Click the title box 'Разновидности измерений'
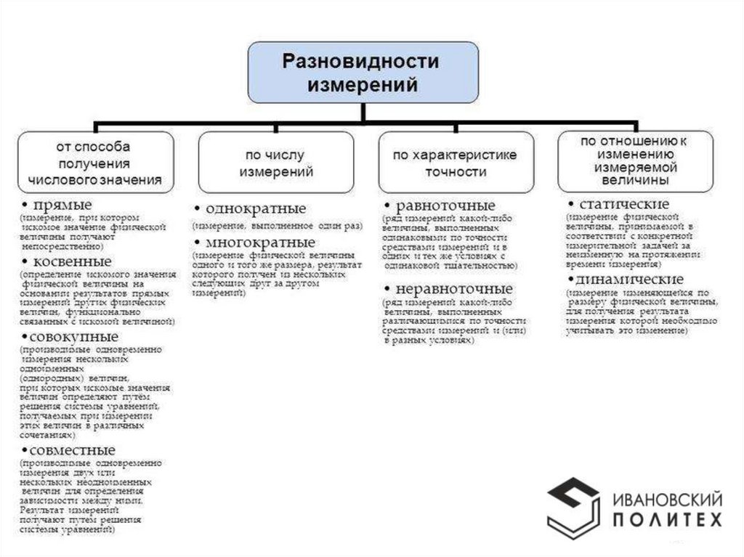coord(363,72)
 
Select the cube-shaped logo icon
coord(573,505)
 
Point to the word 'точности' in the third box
coord(456,173)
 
